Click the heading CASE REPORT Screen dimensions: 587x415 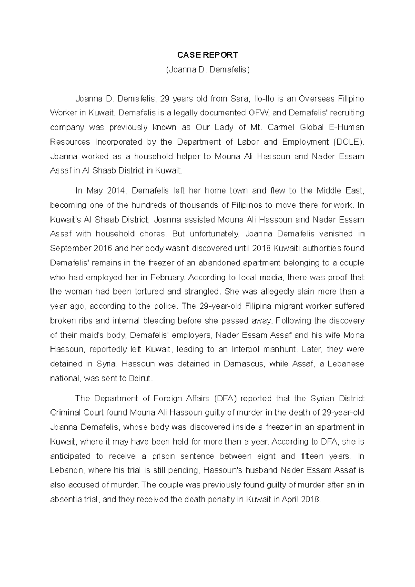207,55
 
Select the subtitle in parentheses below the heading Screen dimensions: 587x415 207,70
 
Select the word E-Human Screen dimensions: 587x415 346,128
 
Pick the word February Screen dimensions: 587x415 167,278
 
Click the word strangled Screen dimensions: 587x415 202,292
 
